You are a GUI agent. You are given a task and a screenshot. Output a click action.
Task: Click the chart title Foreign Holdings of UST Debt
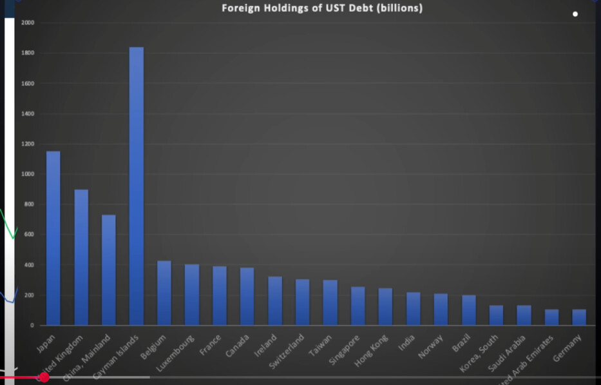click(322, 8)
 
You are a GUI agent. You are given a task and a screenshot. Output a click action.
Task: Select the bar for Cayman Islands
click(137, 187)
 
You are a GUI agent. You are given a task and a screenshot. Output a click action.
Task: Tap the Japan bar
click(53, 239)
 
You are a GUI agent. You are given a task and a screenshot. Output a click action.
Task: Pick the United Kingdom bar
click(81, 258)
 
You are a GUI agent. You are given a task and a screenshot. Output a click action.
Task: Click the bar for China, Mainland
click(109, 271)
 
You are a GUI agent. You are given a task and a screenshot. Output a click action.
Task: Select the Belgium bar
click(164, 293)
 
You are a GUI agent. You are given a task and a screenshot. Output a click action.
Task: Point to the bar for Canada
click(247, 297)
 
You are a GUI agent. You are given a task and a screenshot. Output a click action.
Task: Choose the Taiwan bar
click(330, 303)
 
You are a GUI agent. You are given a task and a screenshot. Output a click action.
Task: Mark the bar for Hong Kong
click(385, 307)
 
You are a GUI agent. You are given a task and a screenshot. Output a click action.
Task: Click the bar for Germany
click(579, 317)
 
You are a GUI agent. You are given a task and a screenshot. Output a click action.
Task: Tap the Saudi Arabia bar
click(524, 315)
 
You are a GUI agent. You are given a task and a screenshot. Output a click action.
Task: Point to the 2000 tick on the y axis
click(28, 23)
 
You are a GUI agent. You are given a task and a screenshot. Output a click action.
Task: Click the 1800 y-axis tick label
click(28, 53)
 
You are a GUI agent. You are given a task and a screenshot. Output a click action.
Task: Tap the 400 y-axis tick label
click(29, 265)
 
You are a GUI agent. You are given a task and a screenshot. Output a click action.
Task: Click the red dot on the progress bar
click(44, 377)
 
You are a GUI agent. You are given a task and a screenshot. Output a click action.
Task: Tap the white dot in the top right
click(575, 14)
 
